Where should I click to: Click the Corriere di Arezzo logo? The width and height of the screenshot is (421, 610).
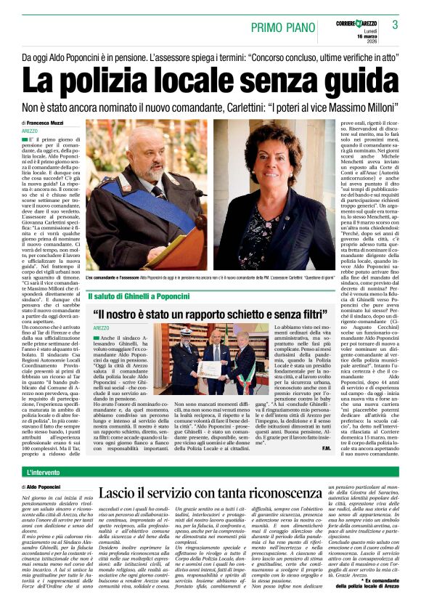[355, 23]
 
